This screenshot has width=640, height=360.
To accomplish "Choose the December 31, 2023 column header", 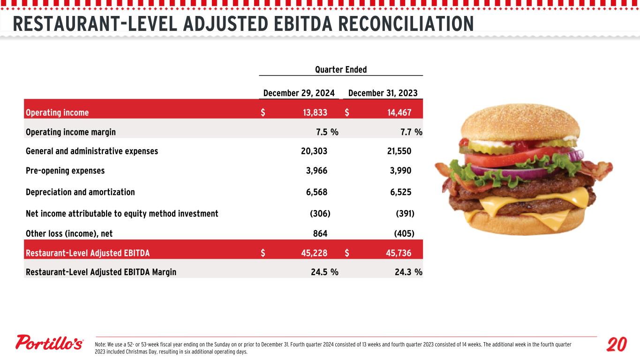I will pos(383,93).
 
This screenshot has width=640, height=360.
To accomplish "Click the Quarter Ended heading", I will pos(341,70).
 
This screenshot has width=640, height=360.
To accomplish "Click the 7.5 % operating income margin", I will pos(327,132).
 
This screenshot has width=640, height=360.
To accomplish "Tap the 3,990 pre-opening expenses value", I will pos(400,171).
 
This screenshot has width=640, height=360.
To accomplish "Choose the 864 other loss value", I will pos(320,233).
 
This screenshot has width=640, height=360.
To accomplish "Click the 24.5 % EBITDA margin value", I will pos(324,272).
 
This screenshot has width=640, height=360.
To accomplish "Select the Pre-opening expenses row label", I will pos(65,171).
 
